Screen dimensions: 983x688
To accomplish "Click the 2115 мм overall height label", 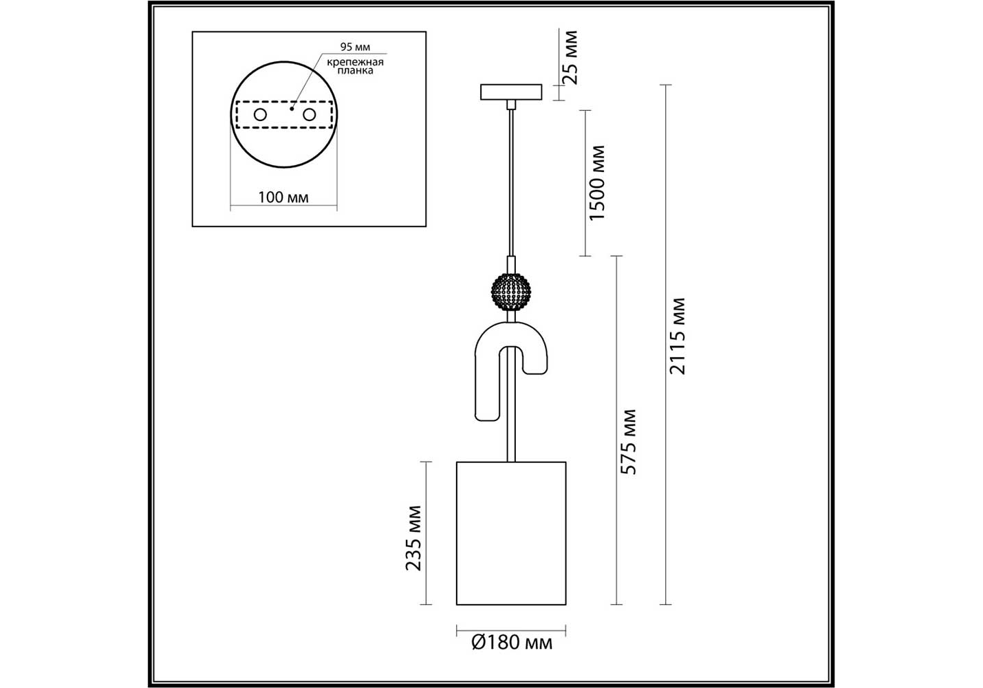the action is [x=677, y=336].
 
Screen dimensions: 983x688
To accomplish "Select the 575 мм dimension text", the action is [x=628, y=442].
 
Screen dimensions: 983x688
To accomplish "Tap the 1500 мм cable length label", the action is [x=597, y=183].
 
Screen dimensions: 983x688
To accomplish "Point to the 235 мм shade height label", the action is [x=413, y=538].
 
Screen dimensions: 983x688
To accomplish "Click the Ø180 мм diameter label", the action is [x=512, y=643].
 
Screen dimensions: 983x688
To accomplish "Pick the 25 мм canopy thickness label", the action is [x=570, y=58].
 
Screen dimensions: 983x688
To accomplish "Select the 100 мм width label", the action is [x=283, y=197].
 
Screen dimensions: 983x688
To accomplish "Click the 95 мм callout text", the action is [x=355, y=47].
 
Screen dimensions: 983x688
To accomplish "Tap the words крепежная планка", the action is [x=355, y=66].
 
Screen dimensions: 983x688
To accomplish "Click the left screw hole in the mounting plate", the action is [x=260, y=115].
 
